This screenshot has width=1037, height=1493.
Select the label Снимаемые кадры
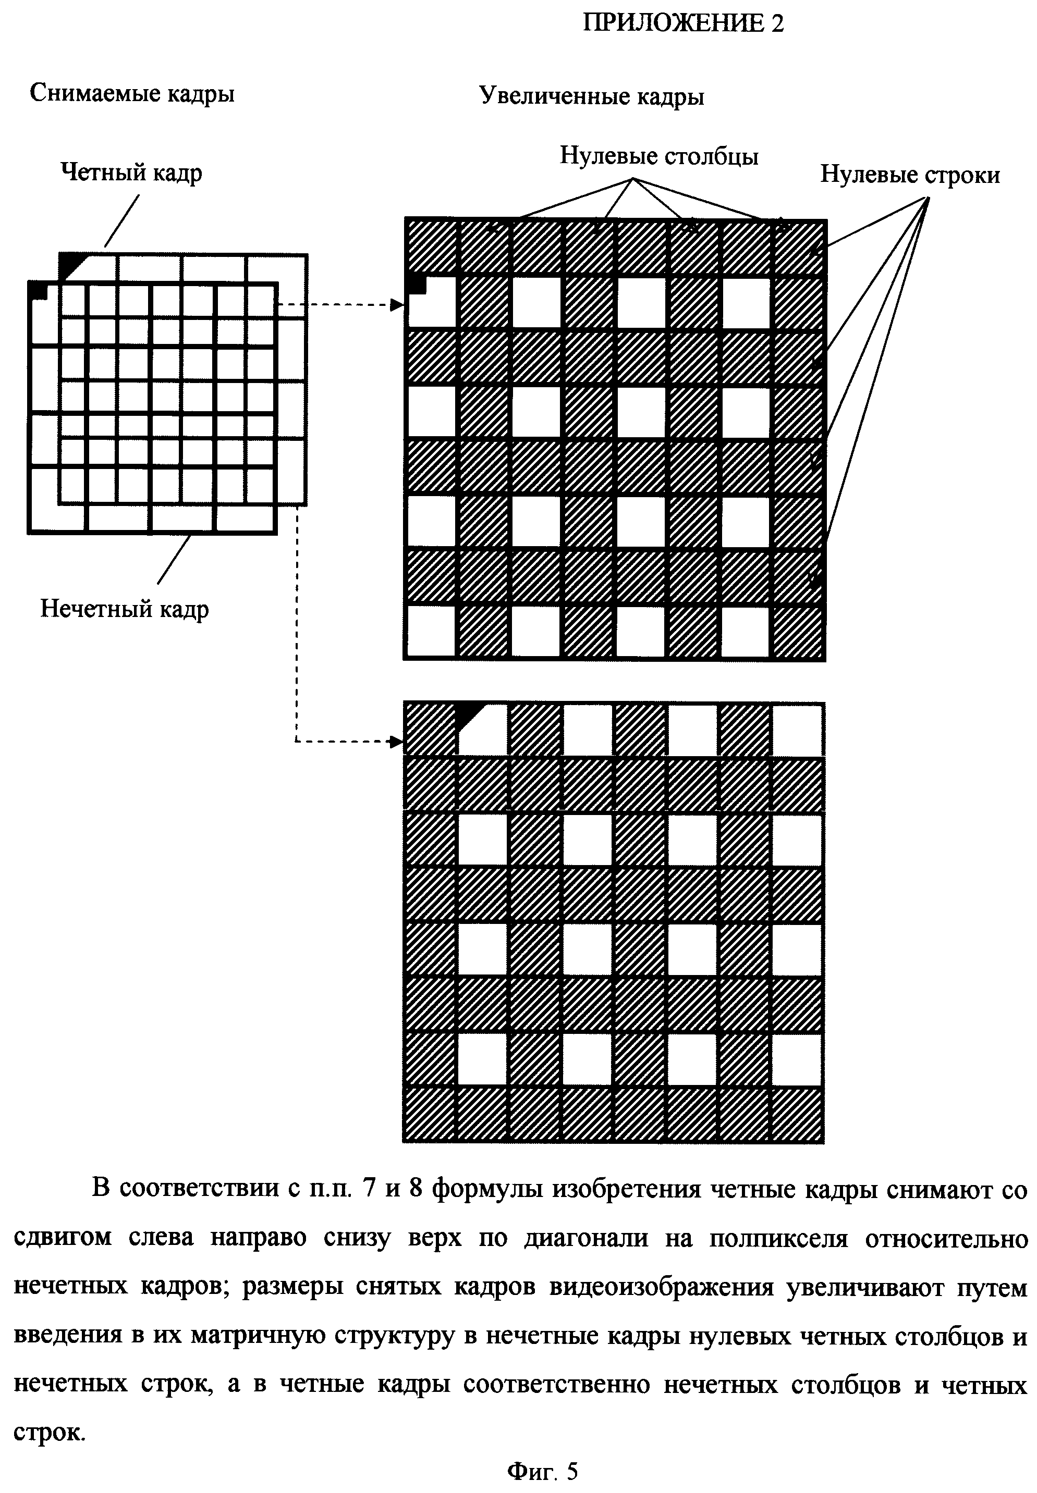(132, 93)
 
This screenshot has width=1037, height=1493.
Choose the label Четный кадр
(131, 172)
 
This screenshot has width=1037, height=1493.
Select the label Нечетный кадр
(125, 609)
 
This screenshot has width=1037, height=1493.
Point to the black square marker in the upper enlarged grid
(416, 285)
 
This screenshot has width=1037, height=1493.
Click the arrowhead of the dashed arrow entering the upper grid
(397, 304)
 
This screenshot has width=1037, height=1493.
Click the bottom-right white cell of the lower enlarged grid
(797, 1057)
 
